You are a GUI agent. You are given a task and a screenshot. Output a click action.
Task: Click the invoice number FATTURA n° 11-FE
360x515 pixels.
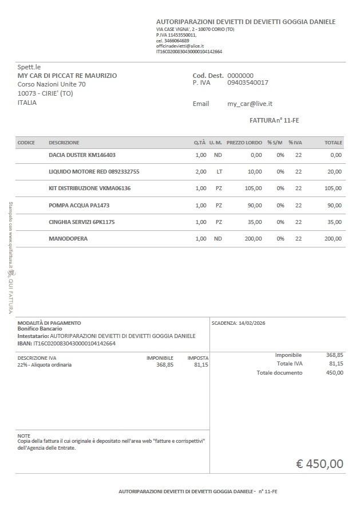point(274,120)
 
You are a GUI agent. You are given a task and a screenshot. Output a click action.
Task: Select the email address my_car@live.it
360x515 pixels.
point(250,104)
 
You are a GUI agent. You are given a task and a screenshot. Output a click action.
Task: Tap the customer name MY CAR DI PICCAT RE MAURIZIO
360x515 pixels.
point(67,76)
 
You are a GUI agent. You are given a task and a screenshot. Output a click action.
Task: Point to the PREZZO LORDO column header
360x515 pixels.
point(244,143)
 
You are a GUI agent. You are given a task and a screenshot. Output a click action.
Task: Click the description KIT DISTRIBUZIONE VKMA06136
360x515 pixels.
point(89,188)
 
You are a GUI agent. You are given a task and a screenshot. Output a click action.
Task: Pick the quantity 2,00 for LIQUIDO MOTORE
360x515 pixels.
point(201,171)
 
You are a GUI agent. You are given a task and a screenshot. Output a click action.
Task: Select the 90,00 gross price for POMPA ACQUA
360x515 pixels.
point(254,205)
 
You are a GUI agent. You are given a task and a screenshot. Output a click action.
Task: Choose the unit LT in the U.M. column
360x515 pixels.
point(219,171)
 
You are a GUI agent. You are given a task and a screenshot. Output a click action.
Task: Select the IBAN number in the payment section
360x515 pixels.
point(74,344)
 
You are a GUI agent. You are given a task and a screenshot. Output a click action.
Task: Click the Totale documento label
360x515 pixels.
point(279,373)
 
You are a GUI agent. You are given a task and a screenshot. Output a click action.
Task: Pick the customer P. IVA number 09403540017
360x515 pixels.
point(248,82)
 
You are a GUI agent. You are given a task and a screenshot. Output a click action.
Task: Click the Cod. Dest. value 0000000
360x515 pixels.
point(240,76)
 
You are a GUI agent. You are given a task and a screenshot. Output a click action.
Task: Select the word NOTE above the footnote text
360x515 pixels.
point(24,435)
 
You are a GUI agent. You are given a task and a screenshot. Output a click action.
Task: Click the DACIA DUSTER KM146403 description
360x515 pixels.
point(82,155)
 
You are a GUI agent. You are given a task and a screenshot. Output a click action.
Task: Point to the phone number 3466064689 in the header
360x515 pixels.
point(176,41)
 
